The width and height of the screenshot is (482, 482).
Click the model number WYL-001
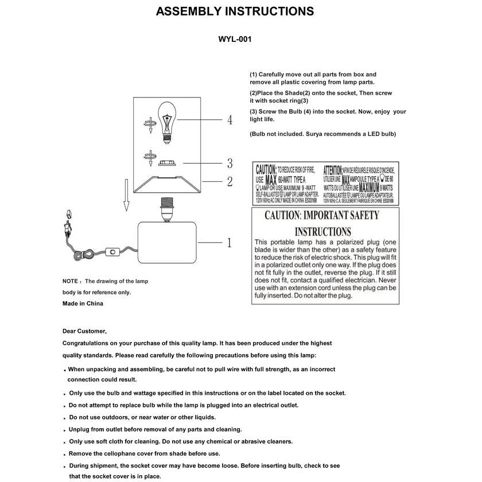(x=235, y=40)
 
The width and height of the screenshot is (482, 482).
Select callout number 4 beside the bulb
(x=230, y=120)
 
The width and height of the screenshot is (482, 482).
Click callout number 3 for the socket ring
(x=230, y=162)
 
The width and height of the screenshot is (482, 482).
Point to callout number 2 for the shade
(x=230, y=182)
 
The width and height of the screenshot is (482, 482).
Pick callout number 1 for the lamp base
(x=230, y=242)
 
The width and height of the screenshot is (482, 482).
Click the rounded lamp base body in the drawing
(x=168, y=244)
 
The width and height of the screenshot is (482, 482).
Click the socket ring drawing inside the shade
(x=166, y=163)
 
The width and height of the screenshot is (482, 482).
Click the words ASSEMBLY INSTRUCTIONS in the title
(x=235, y=11)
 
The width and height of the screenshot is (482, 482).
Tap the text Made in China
(x=83, y=304)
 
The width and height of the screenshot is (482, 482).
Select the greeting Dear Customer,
(x=84, y=331)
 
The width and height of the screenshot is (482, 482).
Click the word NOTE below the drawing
(x=70, y=282)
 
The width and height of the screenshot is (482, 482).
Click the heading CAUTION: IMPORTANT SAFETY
(x=321, y=216)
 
